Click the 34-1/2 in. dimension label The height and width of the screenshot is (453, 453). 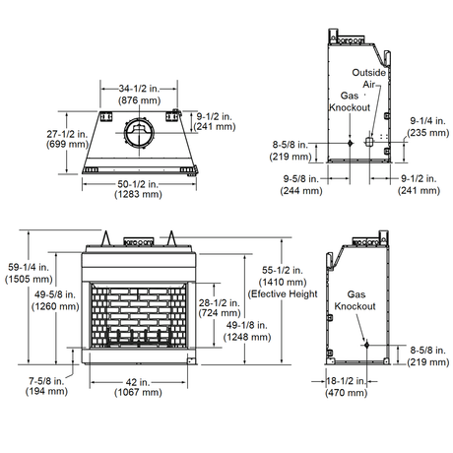(136, 89)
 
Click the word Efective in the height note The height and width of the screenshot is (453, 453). (269, 294)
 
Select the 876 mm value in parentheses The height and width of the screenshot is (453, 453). (136, 100)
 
